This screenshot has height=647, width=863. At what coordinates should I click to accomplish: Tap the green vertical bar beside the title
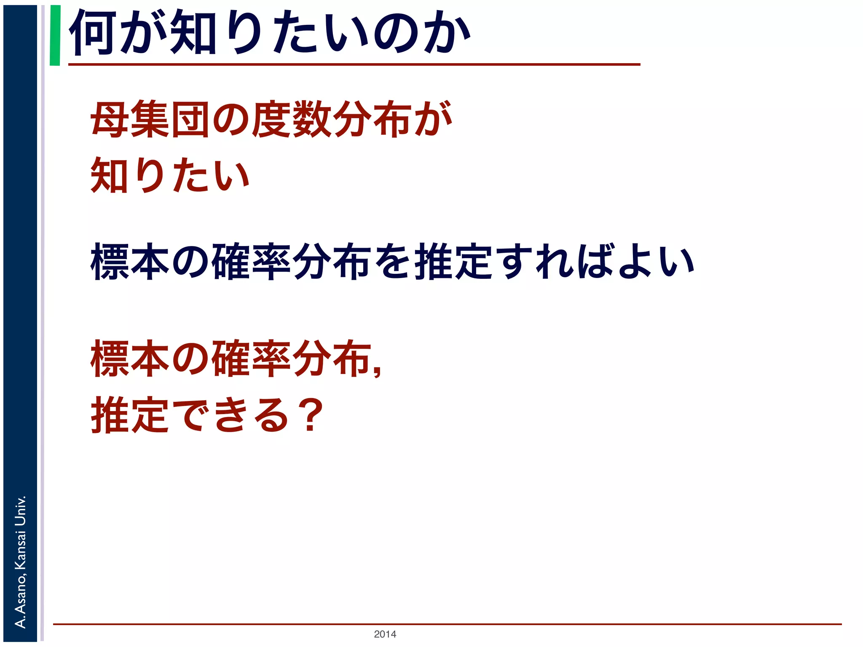coord(55,35)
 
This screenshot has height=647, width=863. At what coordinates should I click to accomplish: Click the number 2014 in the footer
coord(385,634)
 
